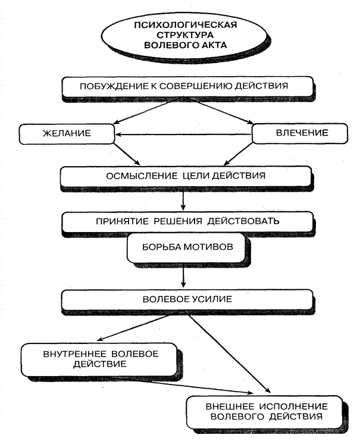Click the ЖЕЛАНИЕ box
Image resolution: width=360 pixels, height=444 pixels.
(x=66, y=133)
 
